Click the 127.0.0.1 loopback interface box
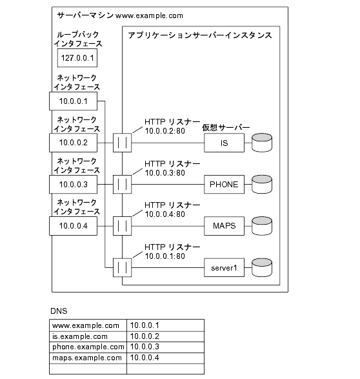(77, 58)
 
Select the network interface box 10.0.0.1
(73, 101)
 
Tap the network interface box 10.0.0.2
(73, 143)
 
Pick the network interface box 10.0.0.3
(73, 185)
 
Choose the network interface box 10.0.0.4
(73, 226)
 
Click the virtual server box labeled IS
(224, 143)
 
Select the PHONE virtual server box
(224, 185)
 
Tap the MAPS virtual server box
(224, 226)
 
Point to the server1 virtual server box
(224, 267)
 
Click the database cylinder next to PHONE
(262, 184)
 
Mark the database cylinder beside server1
(262, 267)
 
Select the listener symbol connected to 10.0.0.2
(122, 143)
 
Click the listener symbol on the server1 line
(122, 267)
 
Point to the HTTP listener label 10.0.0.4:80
(165, 214)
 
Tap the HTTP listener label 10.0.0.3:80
(165, 173)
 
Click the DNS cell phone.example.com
(88, 347)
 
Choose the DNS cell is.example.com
(88, 336)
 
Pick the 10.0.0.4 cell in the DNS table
(165, 358)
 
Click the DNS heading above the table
(59, 311)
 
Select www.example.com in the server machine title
(149, 15)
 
